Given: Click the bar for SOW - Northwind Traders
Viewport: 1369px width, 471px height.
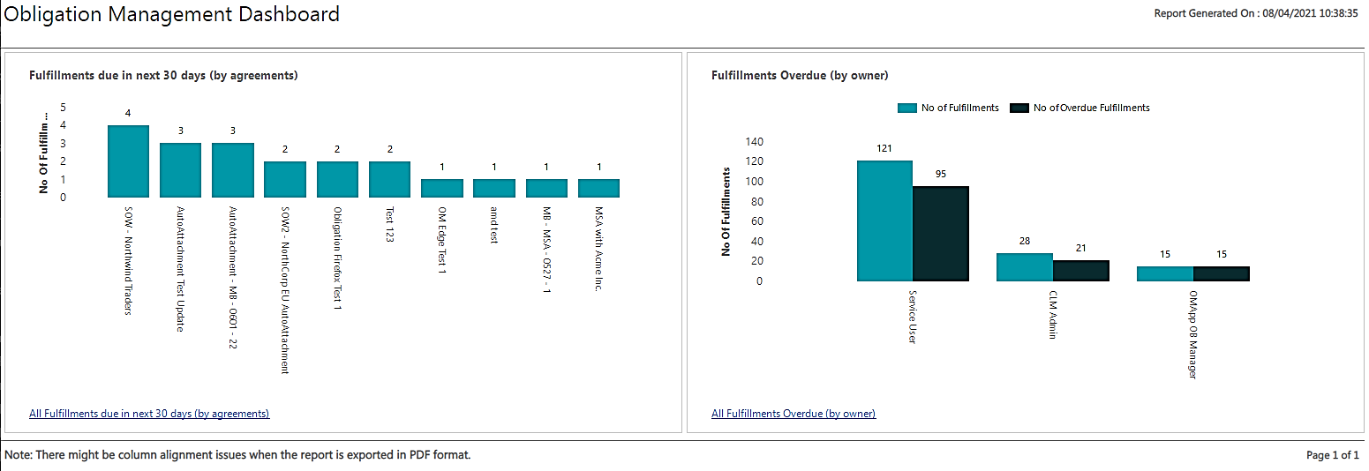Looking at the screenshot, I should pos(128,161).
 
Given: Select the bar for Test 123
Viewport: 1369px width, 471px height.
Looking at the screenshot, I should pos(389,179).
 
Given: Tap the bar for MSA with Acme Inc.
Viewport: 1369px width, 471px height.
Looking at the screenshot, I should pos(598,188).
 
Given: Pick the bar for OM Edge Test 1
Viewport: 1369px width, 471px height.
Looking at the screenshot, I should pos(441,188).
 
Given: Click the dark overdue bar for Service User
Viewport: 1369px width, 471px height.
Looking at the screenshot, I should pos(940,234).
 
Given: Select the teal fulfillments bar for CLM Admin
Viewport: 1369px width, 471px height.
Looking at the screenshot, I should pos(1025,267).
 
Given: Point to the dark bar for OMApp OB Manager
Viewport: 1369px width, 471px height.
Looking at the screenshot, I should pos(1221,273).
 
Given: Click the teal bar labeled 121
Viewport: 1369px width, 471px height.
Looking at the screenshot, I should pos(884,221).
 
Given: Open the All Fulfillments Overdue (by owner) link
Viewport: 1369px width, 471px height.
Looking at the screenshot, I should pos(794,414).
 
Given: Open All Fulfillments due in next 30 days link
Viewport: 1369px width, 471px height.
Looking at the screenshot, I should pos(149,414).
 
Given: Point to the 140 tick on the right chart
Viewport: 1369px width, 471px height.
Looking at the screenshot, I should pos(755,142).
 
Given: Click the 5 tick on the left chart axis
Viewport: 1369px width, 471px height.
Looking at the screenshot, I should pos(63,107).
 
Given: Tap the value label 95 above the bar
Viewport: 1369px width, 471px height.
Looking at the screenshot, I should pos(940,174).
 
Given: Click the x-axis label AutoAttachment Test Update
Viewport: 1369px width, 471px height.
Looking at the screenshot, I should pos(181,269).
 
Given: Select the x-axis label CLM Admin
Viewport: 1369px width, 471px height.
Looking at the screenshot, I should pos(1052,315).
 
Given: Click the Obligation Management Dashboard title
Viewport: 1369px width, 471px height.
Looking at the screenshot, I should pos(172,14).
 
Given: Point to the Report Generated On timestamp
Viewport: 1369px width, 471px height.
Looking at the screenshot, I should pos(1255,14).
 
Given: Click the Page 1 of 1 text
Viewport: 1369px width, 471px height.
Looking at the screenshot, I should pos(1332,455).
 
